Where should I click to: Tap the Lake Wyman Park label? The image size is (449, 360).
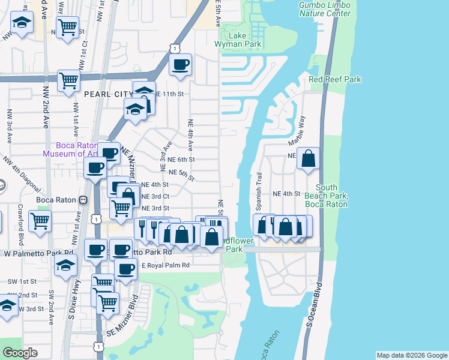coord(238,40)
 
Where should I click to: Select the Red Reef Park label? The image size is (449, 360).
coord(335,79)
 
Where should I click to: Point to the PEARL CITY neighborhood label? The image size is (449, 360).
coord(107,94)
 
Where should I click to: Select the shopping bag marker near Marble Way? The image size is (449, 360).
coord(308,159)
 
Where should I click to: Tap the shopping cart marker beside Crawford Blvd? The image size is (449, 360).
coord(40,220)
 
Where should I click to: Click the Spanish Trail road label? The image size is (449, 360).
coord(260,185)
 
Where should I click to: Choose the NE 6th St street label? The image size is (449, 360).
coord(181,160)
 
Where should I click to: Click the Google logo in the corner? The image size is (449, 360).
coord(20,353)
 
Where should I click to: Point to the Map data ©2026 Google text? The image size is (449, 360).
coord(411,355)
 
